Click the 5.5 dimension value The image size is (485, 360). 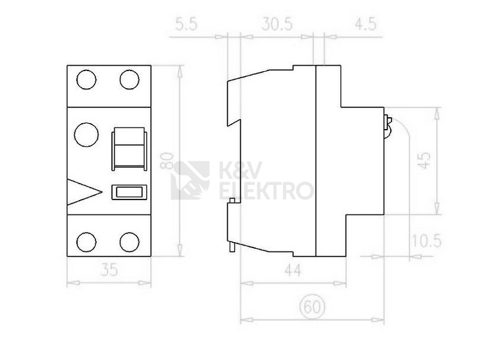pyautogui.click(x=186, y=24)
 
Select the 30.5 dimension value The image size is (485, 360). pyautogui.click(x=277, y=24)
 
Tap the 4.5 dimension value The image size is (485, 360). pyautogui.click(x=366, y=24)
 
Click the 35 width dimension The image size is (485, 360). pyautogui.click(x=109, y=269)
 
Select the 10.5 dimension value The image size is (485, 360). pyautogui.click(x=426, y=241)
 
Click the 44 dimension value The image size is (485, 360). pyautogui.click(x=293, y=270)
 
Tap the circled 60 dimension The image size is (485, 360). pyautogui.click(x=313, y=307)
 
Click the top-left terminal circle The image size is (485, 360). pyautogui.click(x=86, y=80)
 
